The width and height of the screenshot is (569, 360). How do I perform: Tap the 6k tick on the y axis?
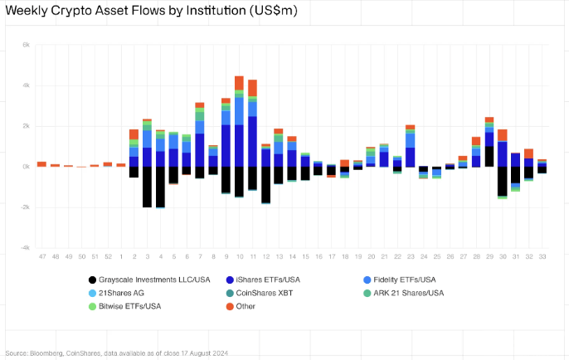pos(25,45)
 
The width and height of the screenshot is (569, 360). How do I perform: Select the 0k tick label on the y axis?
pos(25,167)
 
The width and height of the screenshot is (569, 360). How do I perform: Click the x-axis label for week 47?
pos(41,257)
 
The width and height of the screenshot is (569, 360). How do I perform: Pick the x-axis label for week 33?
pos(542,257)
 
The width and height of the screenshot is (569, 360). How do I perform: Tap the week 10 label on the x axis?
pos(239,257)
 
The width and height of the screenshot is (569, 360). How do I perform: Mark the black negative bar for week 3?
pos(147,187)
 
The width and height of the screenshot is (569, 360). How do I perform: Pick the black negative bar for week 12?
pos(265,184)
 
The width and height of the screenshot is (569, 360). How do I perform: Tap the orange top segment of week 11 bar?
pos(252,87)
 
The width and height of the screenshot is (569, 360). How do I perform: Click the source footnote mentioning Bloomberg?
pos(116,352)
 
